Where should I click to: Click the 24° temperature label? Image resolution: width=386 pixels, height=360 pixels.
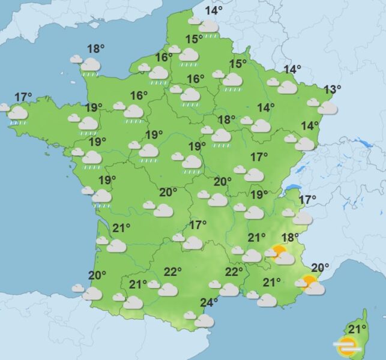pyautogui.click(x=209, y=302)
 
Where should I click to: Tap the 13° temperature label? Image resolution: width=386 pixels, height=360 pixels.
pyautogui.click(x=332, y=90)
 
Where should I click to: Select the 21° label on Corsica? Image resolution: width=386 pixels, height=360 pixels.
pyautogui.click(x=358, y=329)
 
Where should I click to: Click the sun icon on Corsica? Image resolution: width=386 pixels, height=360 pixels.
pyautogui.click(x=346, y=346)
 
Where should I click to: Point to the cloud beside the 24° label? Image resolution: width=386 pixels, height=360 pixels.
pyautogui.click(x=204, y=321)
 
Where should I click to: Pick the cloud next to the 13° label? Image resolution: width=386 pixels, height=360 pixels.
pyautogui.click(x=328, y=108)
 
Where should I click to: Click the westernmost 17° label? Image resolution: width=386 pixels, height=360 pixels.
pyautogui.click(x=23, y=97)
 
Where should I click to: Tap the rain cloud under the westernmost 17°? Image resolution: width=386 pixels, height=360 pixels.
pyautogui.click(x=18, y=113)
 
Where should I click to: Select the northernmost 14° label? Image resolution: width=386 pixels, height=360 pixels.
pyautogui.click(x=214, y=10)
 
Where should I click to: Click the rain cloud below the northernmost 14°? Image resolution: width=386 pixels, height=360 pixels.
pyautogui.click(x=208, y=27)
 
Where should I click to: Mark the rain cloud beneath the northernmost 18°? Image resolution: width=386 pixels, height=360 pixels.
pyautogui.click(x=91, y=65)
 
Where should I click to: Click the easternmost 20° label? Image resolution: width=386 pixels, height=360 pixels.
pyautogui.click(x=320, y=268)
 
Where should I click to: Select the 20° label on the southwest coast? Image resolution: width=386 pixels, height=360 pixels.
pyautogui.click(x=97, y=275)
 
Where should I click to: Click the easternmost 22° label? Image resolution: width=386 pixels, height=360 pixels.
pyautogui.click(x=234, y=272)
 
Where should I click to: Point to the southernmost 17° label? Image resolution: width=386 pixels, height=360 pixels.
pyautogui.click(x=198, y=225)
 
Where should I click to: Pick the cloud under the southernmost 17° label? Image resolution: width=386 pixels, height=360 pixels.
pyautogui.click(x=193, y=242)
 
